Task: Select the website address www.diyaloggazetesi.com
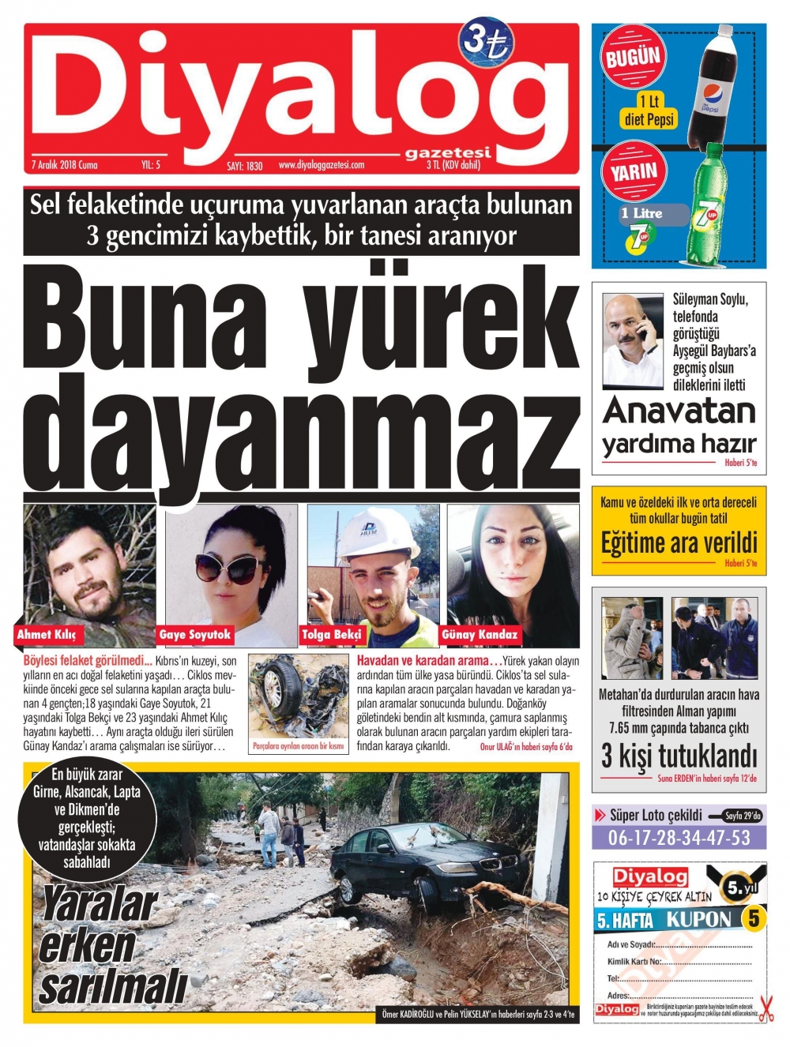322,165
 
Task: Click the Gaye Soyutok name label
194,634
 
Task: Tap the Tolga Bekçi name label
331,634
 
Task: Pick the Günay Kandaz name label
480,634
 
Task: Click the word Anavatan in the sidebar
679,411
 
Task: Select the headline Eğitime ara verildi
679,543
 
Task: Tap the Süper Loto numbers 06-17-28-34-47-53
679,838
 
